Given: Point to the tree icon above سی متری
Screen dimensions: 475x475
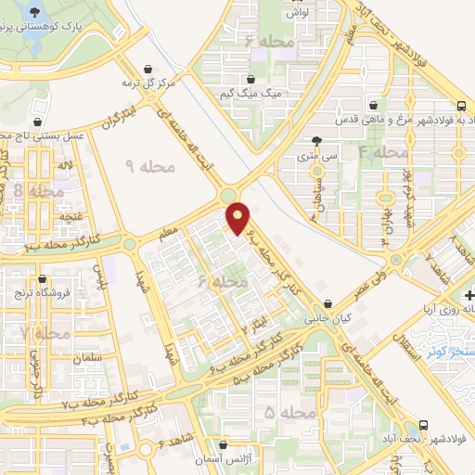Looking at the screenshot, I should pyautogui.click(x=318, y=141).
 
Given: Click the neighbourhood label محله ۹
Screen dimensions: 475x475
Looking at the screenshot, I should pyautogui.click(x=150, y=165).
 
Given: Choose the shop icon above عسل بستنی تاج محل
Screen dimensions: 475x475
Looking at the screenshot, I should pyautogui.click(x=37, y=122).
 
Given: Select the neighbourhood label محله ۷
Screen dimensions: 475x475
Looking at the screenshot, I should pyautogui.click(x=45, y=332).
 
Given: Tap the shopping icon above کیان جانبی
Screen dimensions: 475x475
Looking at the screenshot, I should pyautogui.click(x=329, y=302).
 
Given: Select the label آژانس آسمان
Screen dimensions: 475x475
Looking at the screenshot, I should pyautogui.click(x=222, y=460).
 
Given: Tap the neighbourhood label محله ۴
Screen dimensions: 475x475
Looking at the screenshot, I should pyautogui.click(x=383, y=151).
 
